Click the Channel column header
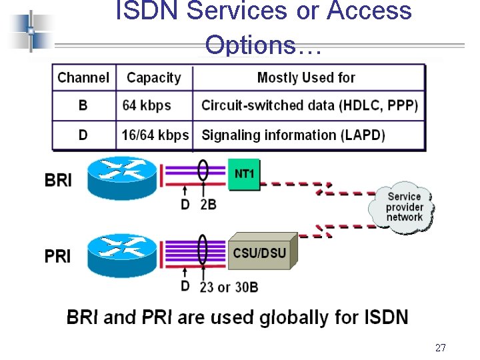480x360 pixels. click(83, 77)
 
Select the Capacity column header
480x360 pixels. click(153, 77)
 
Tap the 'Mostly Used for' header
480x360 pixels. click(306, 77)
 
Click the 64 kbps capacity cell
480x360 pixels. click(147, 105)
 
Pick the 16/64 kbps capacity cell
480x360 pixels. click(155, 135)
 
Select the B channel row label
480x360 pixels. click(83, 105)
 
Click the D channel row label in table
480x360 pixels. click(83, 135)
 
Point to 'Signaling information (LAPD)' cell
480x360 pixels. click(293, 135)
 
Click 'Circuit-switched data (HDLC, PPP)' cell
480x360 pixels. click(309, 105)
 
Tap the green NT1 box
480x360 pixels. click(244, 174)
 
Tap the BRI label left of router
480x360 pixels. click(58, 180)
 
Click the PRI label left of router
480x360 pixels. click(58, 256)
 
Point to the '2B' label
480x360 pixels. click(208, 205)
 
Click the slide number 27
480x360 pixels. click(440, 347)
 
